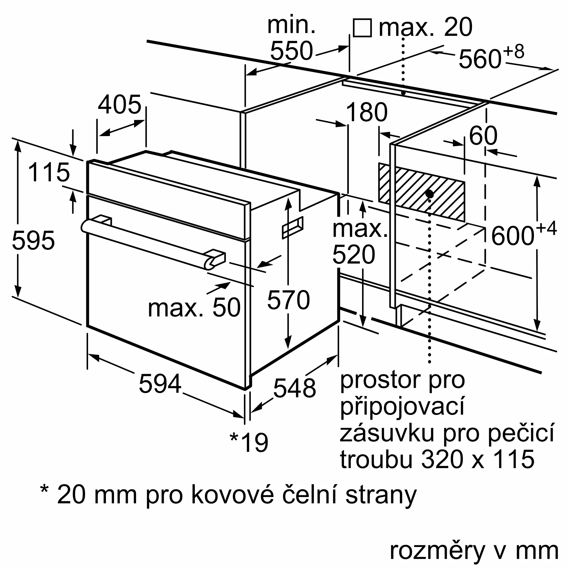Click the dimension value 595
[x=33, y=241]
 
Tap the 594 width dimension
[x=160, y=384]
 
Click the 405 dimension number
[x=120, y=105]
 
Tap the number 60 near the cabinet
[x=483, y=135]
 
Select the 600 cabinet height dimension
[x=512, y=236]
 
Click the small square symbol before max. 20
[x=362, y=28]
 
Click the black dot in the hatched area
[x=429, y=194]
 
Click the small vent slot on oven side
[x=293, y=227]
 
